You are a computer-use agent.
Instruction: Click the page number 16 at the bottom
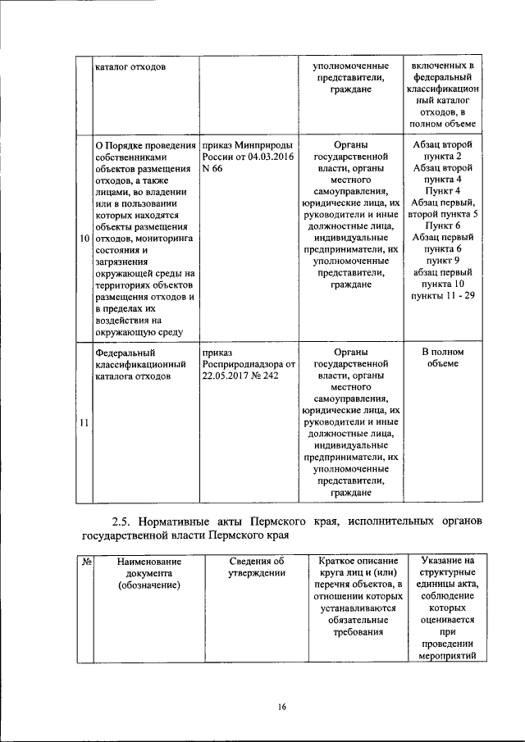click(x=280, y=707)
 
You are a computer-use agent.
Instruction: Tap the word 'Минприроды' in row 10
click(x=260, y=143)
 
